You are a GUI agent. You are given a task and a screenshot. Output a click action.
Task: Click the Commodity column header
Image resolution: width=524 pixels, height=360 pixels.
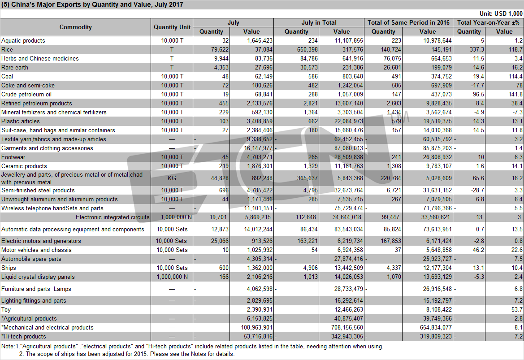click(75, 27)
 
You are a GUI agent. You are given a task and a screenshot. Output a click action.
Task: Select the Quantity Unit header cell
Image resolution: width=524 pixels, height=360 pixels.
click(172, 27)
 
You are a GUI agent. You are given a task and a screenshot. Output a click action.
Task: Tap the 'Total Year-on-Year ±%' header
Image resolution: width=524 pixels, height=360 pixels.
click(488, 22)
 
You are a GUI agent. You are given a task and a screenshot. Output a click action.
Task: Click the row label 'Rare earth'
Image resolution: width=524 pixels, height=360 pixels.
click(15, 67)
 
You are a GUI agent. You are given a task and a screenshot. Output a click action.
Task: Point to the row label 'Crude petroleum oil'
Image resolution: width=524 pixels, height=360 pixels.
click(26, 94)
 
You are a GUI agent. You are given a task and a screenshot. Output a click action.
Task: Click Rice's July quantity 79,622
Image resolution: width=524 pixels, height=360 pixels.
click(220, 49)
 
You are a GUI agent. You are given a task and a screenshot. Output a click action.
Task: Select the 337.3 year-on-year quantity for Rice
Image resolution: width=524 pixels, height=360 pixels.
click(476, 49)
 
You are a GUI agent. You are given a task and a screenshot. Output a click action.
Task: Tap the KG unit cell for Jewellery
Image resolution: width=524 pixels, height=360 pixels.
click(172, 178)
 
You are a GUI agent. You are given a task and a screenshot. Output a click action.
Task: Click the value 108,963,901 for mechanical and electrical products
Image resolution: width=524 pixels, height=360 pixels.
click(256, 328)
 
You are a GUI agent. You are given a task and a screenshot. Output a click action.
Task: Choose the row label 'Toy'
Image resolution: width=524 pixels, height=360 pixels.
click(6, 309)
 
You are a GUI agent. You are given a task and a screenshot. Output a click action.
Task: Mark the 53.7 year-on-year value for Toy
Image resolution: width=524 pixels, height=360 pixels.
click(517, 309)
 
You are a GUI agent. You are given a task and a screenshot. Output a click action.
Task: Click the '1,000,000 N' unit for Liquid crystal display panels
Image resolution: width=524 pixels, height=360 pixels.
click(172, 277)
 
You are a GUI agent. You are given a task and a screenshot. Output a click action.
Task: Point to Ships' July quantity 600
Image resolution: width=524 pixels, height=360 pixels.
click(224, 268)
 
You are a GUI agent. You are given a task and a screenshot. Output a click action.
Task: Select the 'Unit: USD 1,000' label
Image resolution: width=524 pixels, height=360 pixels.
click(501, 13)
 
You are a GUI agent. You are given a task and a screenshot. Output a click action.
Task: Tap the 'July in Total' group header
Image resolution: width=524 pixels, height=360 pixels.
click(319, 22)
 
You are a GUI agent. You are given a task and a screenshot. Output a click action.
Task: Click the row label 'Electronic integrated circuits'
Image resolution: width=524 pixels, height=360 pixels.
click(113, 217)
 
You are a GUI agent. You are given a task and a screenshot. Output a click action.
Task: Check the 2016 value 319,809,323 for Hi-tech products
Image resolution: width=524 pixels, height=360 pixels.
click(436, 337)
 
